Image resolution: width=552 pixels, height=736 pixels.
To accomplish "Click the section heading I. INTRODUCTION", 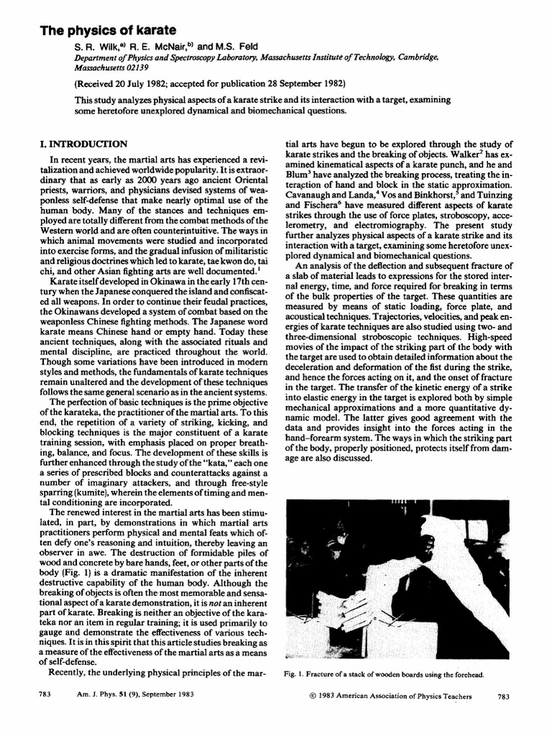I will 85,144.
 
